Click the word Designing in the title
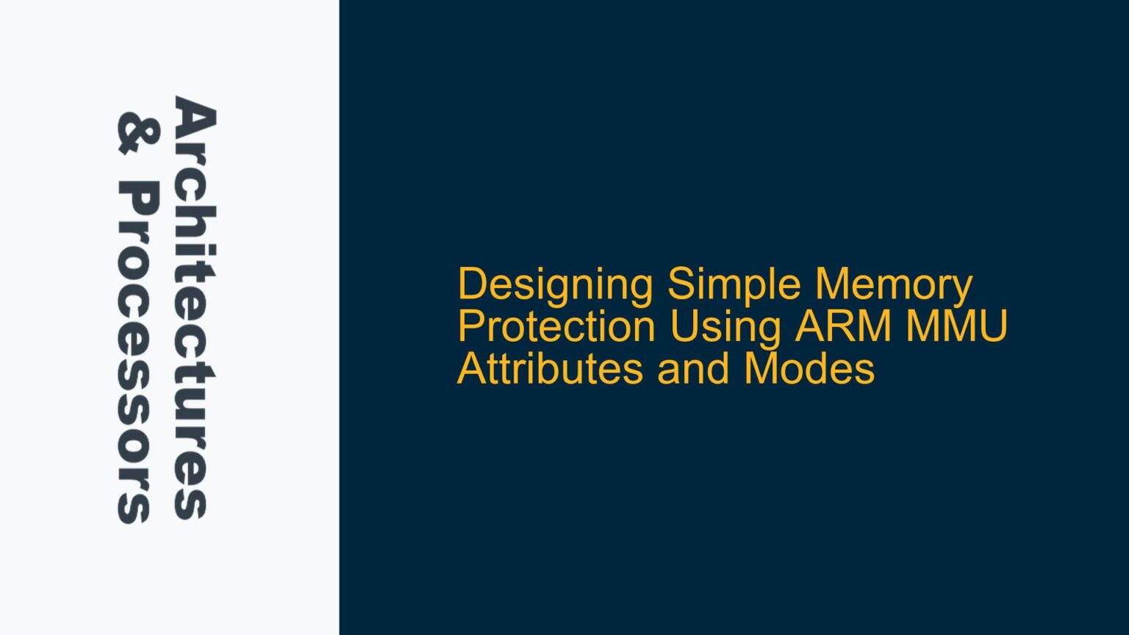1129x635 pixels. (x=555, y=285)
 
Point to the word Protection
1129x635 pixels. (x=556, y=326)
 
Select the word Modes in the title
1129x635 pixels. (x=809, y=368)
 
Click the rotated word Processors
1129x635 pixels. (x=136, y=354)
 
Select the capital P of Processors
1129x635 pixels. (x=136, y=199)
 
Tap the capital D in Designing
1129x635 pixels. (x=472, y=285)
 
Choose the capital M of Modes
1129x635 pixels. (x=761, y=368)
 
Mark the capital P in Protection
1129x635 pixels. (x=470, y=326)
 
